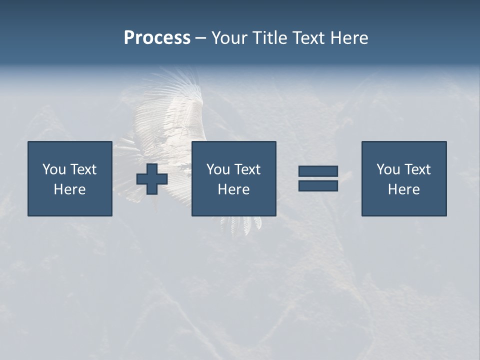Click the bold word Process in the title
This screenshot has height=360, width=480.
[x=157, y=38]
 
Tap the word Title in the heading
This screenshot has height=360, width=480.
[x=268, y=38]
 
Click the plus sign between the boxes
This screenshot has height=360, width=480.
[x=152, y=178]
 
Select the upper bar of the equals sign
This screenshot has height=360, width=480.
[x=318, y=171]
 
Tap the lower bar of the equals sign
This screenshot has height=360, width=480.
[x=318, y=185]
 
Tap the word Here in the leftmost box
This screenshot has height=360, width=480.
[x=70, y=189]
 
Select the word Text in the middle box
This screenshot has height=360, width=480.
[x=247, y=169]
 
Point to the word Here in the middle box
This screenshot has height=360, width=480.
[x=233, y=189]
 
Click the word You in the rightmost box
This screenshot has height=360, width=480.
[x=388, y=169]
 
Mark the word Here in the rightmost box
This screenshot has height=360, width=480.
[x=404, y=189]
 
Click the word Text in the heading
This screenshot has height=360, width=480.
[x=307, y=38]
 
